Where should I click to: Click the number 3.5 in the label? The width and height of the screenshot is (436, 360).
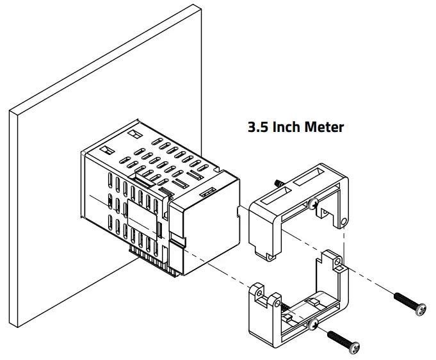pyautogui.click(x=258, y=127)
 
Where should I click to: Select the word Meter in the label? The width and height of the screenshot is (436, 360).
pyautogui.click(x=327, y=127)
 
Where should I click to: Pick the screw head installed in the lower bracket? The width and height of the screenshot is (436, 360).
pyautogui.click(x=312, y=326)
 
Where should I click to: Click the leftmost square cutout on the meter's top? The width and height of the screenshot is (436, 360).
pyautogui.click(x=108, y=149)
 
